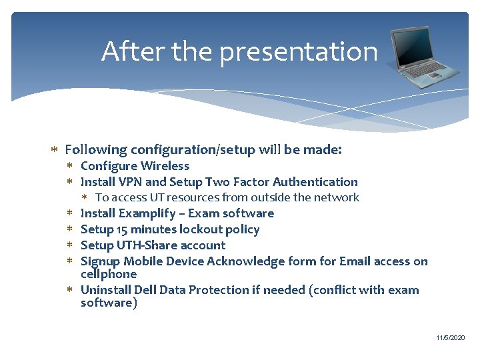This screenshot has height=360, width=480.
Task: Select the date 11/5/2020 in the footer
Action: [x=451, y=339]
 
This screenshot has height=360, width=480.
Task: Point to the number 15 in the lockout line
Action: [x=122, y=229]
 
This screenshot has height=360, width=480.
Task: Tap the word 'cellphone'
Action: [x=109, y=274]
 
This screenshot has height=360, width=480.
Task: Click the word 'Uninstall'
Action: [x=105, y=290]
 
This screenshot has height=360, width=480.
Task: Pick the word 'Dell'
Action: [x=146, y=290]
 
